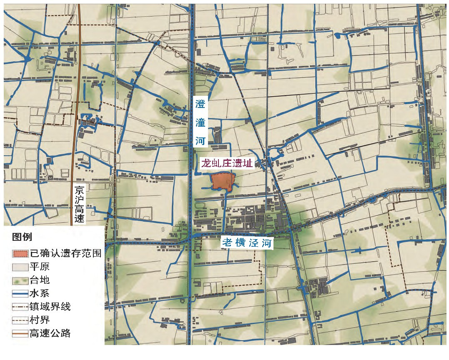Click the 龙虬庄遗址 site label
[x=228, y=163]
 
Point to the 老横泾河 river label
[x=247, y=242]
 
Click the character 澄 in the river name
[x=201, y=104]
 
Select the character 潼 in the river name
[x=201, y=122]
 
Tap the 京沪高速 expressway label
[x=79, y=205]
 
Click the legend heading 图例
[x=23, y=237]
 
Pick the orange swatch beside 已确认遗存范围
[x=20, y=253]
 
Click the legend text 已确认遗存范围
[x=65, y=253]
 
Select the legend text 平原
[x=40, y=267]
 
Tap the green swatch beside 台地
[x=20, y=280]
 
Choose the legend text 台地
[x=40, y=280]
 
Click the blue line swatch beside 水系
[x=20, y=293]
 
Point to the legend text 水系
[x=40, y=293]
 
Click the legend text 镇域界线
[x=50, y=307]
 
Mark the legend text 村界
[x=40, y=320]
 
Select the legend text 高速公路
[x=50, y=333]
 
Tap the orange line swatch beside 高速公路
[x=20, y=333]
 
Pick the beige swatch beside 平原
[x=20, y=267]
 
